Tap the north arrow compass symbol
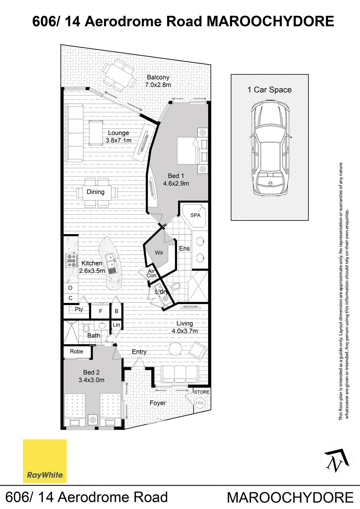click(337, 460)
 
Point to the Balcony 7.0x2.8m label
click(158, 81)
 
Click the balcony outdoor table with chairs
click(119, 75)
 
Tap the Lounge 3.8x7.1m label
click(118, 137)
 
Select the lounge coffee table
click(95, 133)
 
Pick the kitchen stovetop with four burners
click(71, 260)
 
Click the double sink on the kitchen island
click(111, 261)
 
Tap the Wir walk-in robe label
click(159, 253)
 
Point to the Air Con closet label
click(151, 273)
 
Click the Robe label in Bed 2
click(76, 351)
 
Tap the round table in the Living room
click(175, 348)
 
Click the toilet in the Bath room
click(86, 327)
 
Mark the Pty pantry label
click(79, 309)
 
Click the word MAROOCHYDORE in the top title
click(270, 22)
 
